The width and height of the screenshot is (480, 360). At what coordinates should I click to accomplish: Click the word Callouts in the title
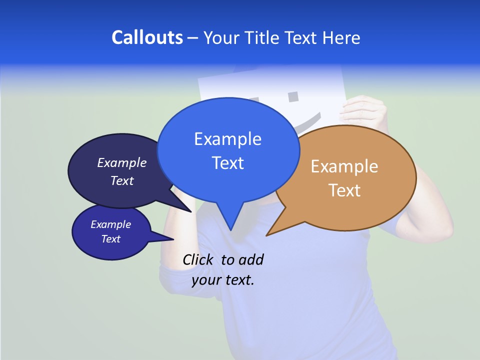(147, 37)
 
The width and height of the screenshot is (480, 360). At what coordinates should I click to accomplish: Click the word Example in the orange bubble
(344, 166)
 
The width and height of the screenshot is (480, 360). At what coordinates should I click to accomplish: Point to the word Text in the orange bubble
(344, 190)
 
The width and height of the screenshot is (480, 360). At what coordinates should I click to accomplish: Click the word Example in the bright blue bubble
(227, 139)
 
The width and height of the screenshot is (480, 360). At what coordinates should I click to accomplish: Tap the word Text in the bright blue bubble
(227, 163)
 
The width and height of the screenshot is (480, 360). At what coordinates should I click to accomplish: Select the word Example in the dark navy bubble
(122, 163)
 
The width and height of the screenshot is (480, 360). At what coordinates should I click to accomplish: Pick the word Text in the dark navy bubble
(122, 181)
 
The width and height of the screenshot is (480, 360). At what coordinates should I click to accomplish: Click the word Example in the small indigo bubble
(111, 225)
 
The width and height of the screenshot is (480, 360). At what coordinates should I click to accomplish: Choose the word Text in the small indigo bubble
(111, 239)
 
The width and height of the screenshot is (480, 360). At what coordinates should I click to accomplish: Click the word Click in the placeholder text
(199, 260)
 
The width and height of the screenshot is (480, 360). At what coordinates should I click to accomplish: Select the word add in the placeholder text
(251, 260)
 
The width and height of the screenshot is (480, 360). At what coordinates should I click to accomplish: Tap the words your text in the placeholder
(223, 280)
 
